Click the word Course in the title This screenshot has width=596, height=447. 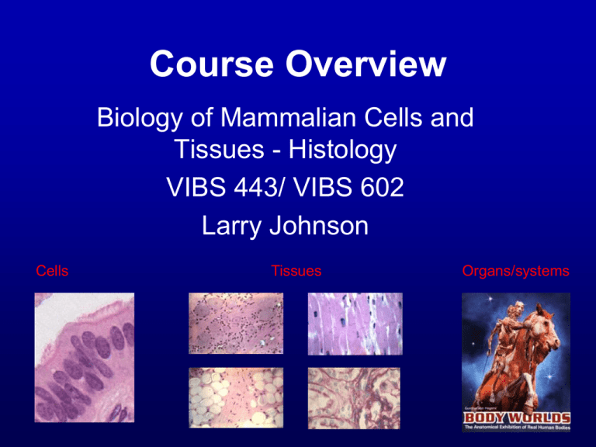[x=197, y=63]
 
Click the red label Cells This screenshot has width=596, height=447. [x=52, y=271]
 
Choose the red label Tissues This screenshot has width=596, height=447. [x=296, y=271]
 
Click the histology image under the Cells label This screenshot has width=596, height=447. [x=84, y=357]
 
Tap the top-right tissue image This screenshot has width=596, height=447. [x=355, y=323]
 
